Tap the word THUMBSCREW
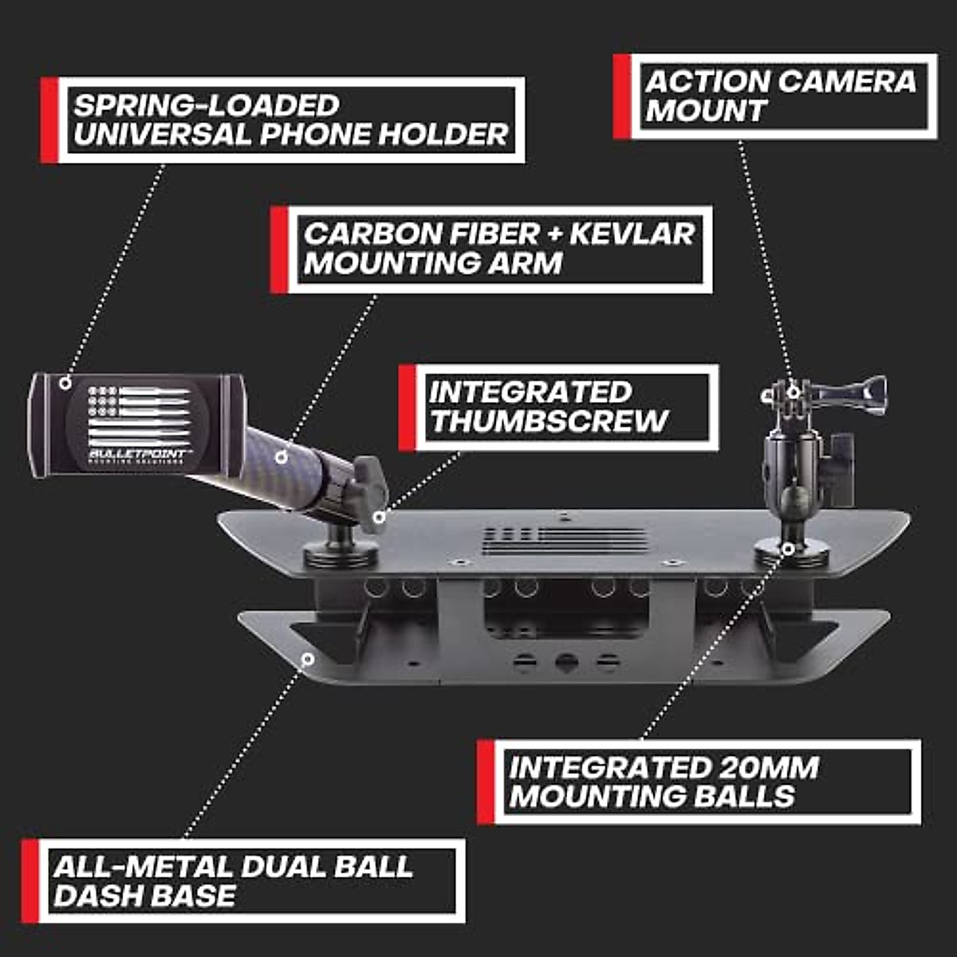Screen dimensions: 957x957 pos(549,421)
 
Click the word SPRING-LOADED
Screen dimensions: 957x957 pos(207,106)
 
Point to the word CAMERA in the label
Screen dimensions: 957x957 pos(846,81)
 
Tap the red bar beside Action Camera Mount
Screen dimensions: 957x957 pos(621,96)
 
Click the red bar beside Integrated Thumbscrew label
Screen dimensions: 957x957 pos(407,408)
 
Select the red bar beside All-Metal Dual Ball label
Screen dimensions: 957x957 pos(30,880)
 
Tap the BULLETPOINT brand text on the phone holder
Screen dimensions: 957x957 pos(136,454)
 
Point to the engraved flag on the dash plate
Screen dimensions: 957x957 pos(565,540)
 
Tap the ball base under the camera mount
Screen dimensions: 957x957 pos(790,549)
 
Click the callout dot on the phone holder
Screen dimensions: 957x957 pos(65,384)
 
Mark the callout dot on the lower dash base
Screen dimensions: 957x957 pos(307,659)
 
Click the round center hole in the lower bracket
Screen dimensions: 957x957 pos(566,662)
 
